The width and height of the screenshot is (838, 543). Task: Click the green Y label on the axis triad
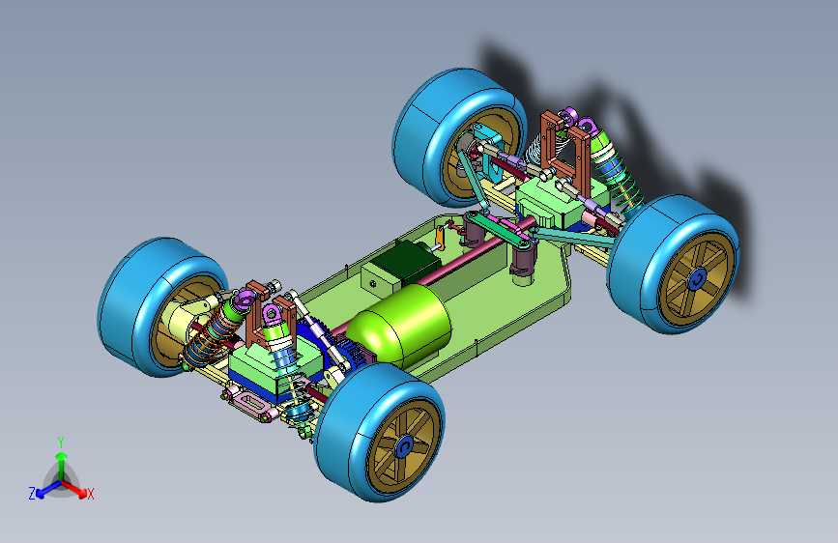click(x=61, y=442)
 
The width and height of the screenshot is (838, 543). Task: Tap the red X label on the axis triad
click(x=90, y=495)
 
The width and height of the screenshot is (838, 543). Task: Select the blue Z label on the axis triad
click(x=32, y=494)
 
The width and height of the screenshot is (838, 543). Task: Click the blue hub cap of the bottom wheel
click(x=405, y=446)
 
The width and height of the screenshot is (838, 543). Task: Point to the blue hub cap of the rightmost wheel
click(x=697, y=279)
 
